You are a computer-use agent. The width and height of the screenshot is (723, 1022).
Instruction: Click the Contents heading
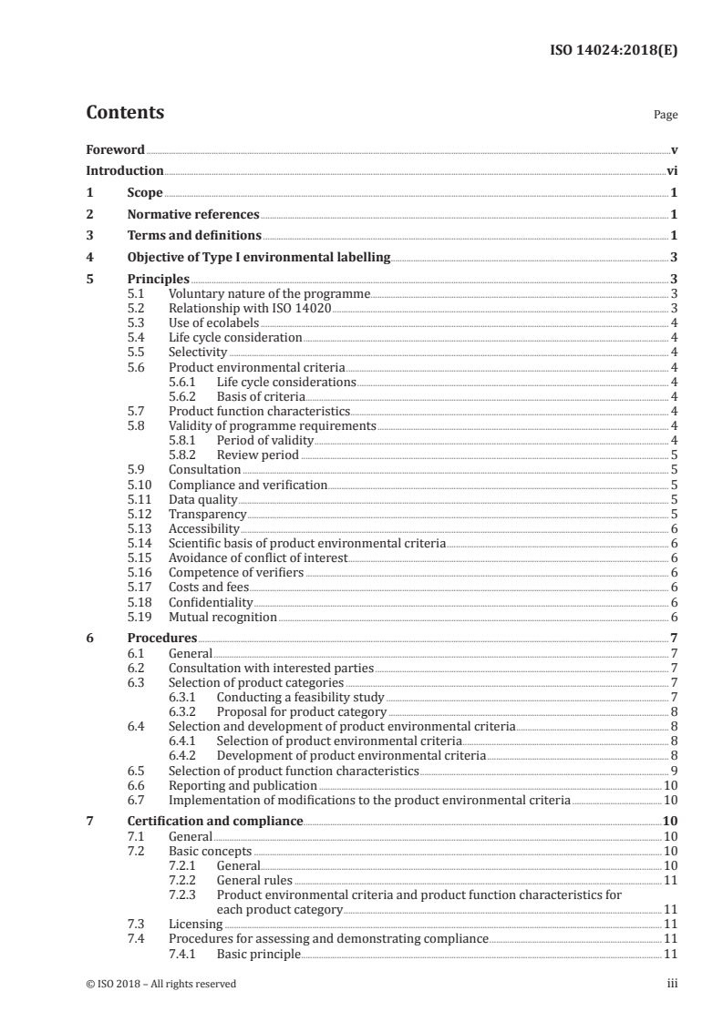pyautogui.click(x=125, y=113)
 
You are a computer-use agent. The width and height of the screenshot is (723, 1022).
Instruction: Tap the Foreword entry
pyautogui.click(x=115, y=149)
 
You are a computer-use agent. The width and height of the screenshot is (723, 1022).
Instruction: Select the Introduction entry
pyautogui.click(x=125, y=171)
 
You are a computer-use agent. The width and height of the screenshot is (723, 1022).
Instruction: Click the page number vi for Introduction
pyautogui.click(x=671, y=171)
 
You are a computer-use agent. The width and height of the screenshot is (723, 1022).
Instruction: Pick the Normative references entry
pyautogui.click(x=193, y=215)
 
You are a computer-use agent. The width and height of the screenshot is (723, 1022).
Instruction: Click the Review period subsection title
pyautogui.click(x=258, y=455)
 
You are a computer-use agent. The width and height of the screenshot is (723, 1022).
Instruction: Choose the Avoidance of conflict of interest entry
pyautogui.click(x=258, y=557)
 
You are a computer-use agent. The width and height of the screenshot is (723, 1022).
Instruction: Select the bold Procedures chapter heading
pyautogui.click(x=161, y=639)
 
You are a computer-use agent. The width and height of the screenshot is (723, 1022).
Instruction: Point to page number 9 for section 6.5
pyautogui.click(x=672, y=771)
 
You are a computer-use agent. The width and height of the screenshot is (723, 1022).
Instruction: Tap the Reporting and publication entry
pyautogui.click(x=243, y=785)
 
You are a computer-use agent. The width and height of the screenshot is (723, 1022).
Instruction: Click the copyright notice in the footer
pyautogui.click(x=160, y=984)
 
